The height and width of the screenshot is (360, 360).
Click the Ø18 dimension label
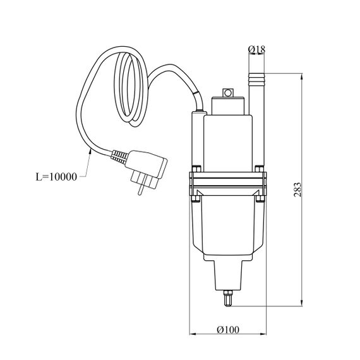click(x=256, y=49)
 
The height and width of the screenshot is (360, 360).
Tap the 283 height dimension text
click(x=297, y=189)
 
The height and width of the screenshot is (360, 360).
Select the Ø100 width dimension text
click(x=228, y=330)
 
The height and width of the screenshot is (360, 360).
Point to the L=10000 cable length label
click(x=56, y=177)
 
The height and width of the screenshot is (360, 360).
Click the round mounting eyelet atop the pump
click(x=228, y=93)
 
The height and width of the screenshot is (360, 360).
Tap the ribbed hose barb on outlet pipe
click(x=256, y=78)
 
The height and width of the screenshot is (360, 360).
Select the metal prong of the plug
click(x=140, y=189)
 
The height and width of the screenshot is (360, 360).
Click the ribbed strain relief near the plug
click(x=119, y=157)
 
